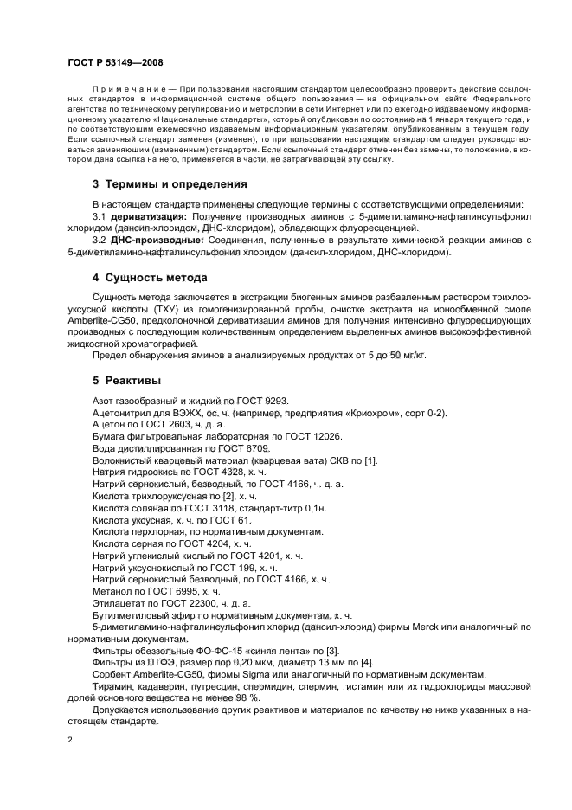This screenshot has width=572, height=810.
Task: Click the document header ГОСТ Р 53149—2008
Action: click(x=114, y=63)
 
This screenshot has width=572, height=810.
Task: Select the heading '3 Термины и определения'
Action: click(x=170, y=184)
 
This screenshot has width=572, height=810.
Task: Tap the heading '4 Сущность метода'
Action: click(x=150, y=278)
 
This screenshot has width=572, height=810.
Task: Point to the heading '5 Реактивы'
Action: click(x=126, y=380)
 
